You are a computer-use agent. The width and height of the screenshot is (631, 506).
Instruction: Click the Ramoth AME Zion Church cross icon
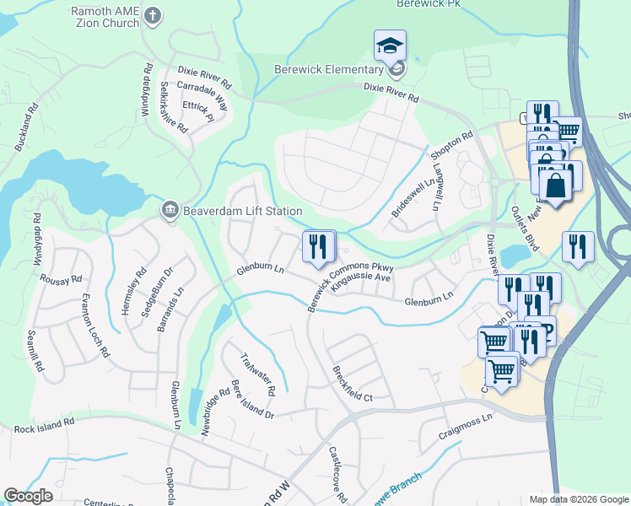[x=152, y=14]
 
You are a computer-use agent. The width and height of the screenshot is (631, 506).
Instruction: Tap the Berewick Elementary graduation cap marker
[x=391, y=46]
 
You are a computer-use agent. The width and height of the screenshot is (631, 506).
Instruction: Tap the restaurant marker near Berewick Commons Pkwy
[x=318, y=246]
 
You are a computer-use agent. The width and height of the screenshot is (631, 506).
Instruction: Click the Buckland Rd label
[x=27, y=127]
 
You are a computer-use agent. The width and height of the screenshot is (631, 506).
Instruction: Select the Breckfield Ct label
[x=353, y=383]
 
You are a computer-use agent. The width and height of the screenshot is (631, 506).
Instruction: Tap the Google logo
[x=28, y=496]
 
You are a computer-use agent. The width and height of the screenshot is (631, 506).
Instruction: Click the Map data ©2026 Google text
[x=578, y=499]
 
